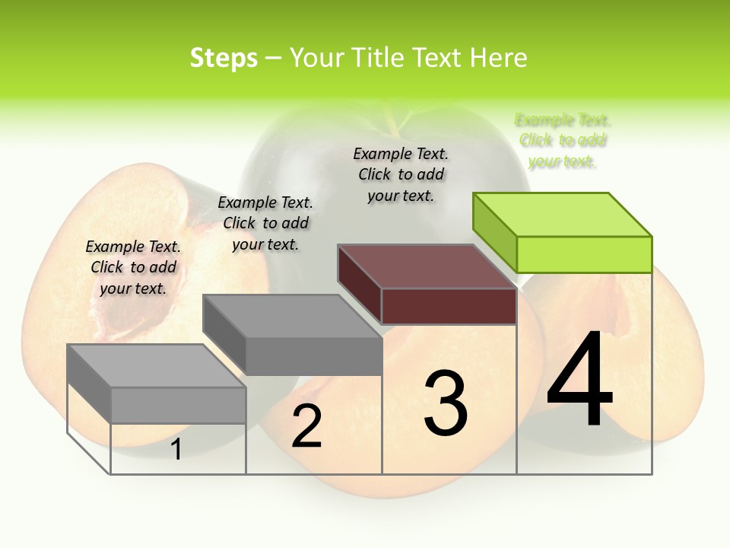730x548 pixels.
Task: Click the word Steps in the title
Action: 224,58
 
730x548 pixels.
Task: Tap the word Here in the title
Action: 498,58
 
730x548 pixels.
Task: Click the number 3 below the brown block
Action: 446,403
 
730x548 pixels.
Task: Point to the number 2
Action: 306,426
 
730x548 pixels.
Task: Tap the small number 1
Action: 176,449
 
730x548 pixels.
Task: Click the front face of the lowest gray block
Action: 178,405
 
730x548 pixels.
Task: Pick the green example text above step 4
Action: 563,141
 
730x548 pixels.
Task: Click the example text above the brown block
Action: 401,174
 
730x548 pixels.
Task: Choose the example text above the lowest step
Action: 133,267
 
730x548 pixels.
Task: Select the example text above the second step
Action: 265,223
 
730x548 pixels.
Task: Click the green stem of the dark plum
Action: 395,119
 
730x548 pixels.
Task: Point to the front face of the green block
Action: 584,254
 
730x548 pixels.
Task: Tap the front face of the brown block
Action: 449,306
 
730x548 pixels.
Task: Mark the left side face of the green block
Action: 495,233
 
